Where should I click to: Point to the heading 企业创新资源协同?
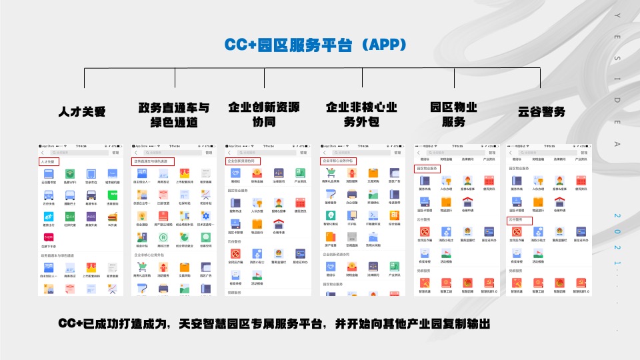pyautogui.click(x=264, y=115)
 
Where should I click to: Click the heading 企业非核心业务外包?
pyautogui.click(x=361, y=115)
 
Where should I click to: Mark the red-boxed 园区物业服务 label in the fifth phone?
pyautogui.click(x=427, y=169)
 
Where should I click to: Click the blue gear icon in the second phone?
pyautogui.click(x=206, y=215)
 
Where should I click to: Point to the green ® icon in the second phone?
pyautogui.click(x=163, y=236)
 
